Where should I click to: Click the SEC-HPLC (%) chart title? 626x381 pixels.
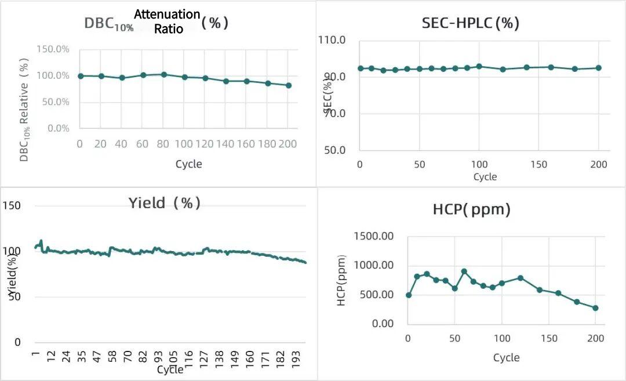pyautogui.click(x=470, y=23)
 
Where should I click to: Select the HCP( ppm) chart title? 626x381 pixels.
pyautogui.click(x=471, y=209)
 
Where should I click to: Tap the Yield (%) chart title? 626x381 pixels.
pyautogui.click(x=165, y=203)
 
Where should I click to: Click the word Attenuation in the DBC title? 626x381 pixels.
pyautogui.click(x=168, y=14)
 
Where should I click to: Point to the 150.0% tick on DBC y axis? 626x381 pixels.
pyautogui.click(x=53, y=49)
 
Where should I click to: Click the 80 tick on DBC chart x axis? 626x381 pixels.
pyautogui.click(x=163, y=143)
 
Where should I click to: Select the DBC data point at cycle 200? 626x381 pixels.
pyautogui.click(x=289, y=85)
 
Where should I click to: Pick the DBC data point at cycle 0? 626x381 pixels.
pyautogui.click(x=81, y=76)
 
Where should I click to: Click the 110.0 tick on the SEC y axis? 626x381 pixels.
pyautogui.click(x=332, y=41)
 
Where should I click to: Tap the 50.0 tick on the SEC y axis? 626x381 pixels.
pyautogui.click(x=333, y=150)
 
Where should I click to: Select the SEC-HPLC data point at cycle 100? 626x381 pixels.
pyautogui.click(x=479, y=66)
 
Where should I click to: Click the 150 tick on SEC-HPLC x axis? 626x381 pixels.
pyautogui.click(x=538, y=165)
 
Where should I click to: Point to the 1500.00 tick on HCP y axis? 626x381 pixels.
pyautogui.click(x=373, y=237)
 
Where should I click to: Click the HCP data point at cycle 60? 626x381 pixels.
pyautogui.click(x=464, y=271)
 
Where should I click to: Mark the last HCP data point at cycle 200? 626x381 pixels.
pyautogui.click(x=595, y=308)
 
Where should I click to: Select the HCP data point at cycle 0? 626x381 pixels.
pyautogui.click(x=409, y=295)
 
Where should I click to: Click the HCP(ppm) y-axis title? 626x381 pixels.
pyautogui.click(x=341, y=281)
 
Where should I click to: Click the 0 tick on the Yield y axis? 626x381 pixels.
pyautogui.click(x=17, y=342)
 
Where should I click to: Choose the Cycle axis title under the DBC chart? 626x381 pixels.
pyautogui.click(x=189, y=164)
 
